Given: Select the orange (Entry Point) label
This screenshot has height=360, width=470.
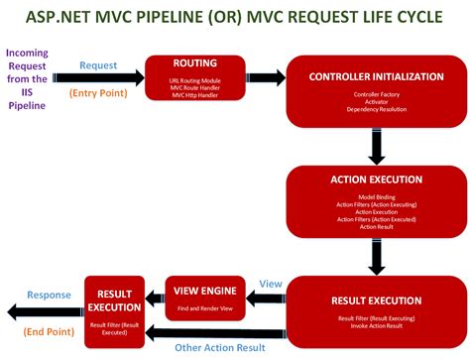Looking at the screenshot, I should point(102,93).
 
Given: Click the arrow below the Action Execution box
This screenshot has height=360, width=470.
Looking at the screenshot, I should point(376,259).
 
